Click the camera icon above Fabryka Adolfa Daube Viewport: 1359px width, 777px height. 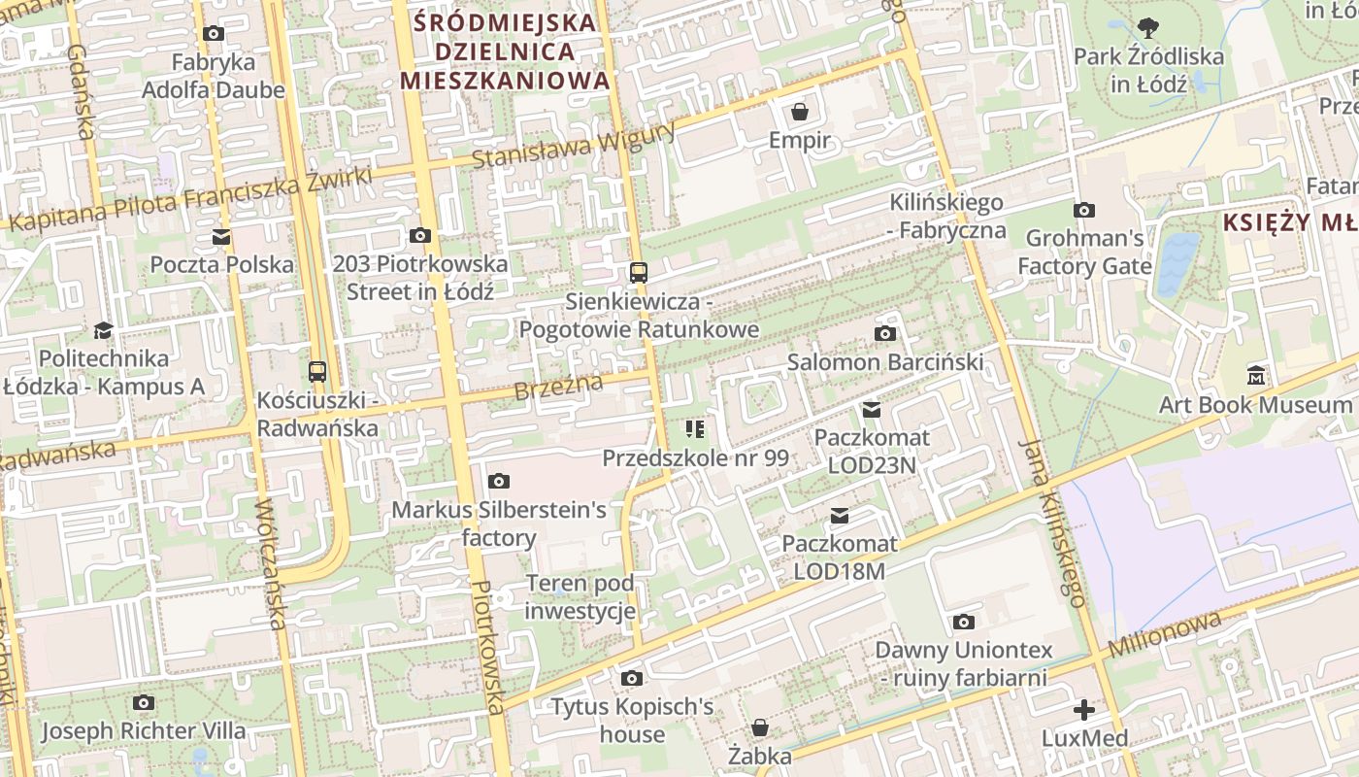click(214, 34)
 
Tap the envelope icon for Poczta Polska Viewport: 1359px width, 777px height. click(221, 236)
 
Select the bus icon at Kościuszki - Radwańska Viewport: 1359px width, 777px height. click(316, 371)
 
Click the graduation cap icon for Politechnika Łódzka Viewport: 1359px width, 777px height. click(103, 330)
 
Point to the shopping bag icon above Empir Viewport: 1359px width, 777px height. click(799, 112)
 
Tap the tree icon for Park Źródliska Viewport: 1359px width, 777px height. click(1148, 27)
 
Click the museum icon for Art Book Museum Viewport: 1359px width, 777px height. click(1256, 375)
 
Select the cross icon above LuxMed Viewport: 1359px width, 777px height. click(1083, 710)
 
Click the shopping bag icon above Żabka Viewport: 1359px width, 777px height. click(760, 726)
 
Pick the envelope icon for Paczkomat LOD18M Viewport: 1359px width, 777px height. click(839, 515)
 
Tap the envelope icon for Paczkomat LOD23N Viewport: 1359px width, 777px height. click(871, 409)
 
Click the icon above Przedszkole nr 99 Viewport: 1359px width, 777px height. click(694, 428)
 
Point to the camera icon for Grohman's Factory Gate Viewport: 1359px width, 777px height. click(1084, 210)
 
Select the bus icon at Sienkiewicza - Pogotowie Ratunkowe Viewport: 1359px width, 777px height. click(638, 273)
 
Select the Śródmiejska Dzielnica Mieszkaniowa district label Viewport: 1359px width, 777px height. click(505, 51)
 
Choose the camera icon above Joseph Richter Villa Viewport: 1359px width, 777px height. click(144, 702)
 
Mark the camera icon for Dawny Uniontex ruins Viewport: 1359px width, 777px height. click(963, 622)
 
